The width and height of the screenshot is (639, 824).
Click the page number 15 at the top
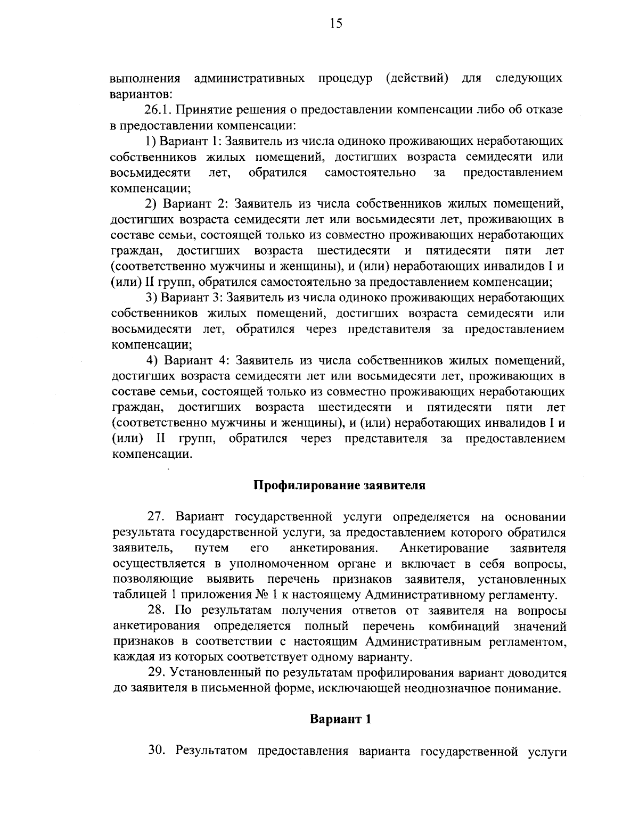click(336, 23)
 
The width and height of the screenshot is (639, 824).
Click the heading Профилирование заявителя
click(339, 485)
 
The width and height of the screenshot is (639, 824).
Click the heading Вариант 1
click(340, 719)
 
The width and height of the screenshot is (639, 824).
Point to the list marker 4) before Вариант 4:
click(152, 360)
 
